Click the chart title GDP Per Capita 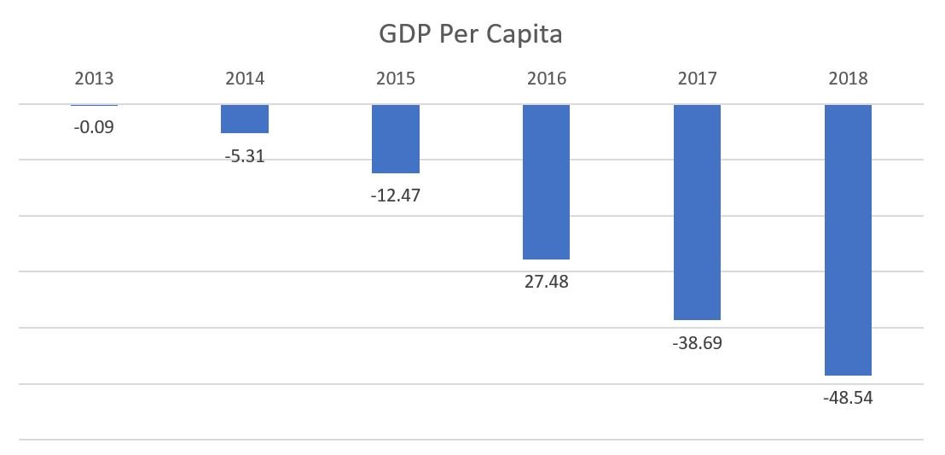click(x=472, y=35)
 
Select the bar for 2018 click(x=847, y=240)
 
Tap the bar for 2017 click(x=697, y=212)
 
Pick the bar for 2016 click(x=546, y=182)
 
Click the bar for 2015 click(x=396, y=138)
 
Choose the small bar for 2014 click(x=245, y=119)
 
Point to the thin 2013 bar click(x=94, y=105)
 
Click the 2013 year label click(x=94, y=79)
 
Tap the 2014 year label click(x=245, y=79)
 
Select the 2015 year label click(x=396, y=79)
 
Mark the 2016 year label click(x=546, y=79)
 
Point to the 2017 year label click(x=697, y=79)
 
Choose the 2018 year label click(x=847, y=79)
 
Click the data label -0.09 click(x=94, y=128)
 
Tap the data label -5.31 click(x=245, y=156)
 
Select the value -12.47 click(x=396, y=195)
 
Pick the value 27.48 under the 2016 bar click(x=546, y=281)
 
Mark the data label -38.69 click(x=697, y=343)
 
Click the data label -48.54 click(x=847, y=398)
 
